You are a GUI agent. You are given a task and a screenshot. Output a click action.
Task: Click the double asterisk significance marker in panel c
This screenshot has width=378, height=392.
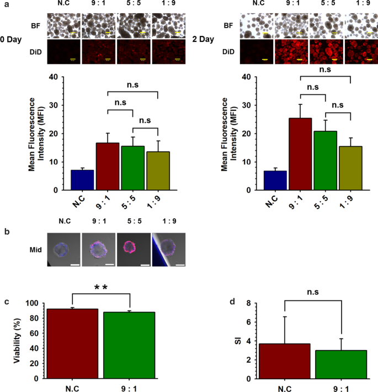[100, 287]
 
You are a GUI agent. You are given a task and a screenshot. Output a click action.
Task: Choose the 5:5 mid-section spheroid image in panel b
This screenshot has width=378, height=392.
[133, 249]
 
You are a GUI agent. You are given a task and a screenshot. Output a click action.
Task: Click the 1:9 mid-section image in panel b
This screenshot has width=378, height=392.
[168, 249]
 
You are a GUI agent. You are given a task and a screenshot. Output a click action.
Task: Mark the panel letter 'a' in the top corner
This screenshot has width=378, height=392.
[4, 4]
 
